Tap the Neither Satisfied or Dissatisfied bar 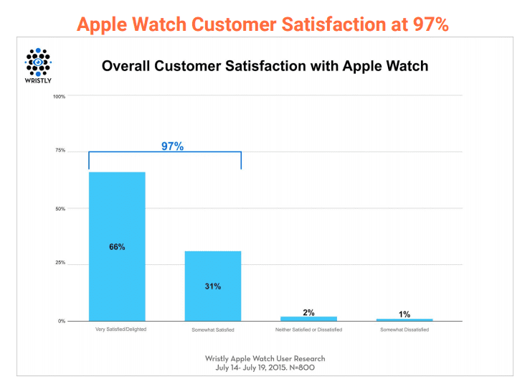[308, 318]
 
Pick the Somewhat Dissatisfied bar [404, 320]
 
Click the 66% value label [117, 247]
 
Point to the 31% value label [212, 286]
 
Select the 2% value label [308, 312]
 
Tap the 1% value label [404, 314]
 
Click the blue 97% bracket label [171, 146]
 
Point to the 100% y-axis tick [60, 96]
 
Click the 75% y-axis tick [60, 151]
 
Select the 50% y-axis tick [60, 209]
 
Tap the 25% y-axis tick [60, 263]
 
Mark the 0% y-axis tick [62, 321]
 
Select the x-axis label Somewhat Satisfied [212, 330]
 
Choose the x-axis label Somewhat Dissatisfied [404, 330]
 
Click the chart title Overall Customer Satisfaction [265, 66]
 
